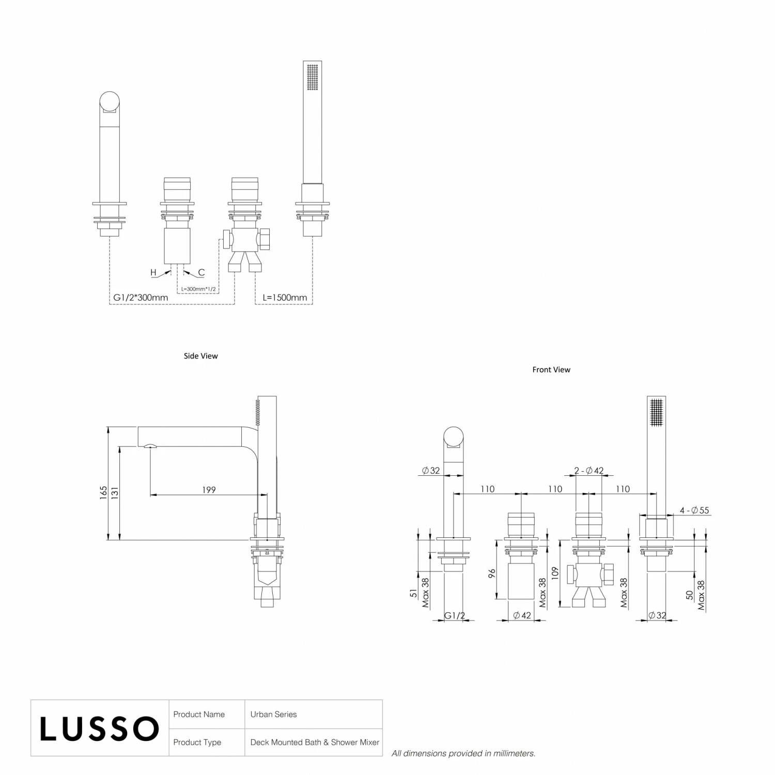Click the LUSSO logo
[99, 729]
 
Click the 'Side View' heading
[201, 356]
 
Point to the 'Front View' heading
[551, 370]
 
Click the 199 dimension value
[209, 490]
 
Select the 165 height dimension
[104, 492]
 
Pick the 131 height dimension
[115, 492]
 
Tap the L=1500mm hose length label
[285, 298]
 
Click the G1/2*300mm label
[141, 298]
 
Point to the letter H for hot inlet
[153, 272]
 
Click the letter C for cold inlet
[202, 272]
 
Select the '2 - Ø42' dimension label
[589, 471]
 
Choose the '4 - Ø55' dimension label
[694, 510]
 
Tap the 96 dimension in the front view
[492, 573]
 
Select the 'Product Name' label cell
[199, 715]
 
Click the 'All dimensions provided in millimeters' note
[463, 754]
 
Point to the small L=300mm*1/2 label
[198, 289]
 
